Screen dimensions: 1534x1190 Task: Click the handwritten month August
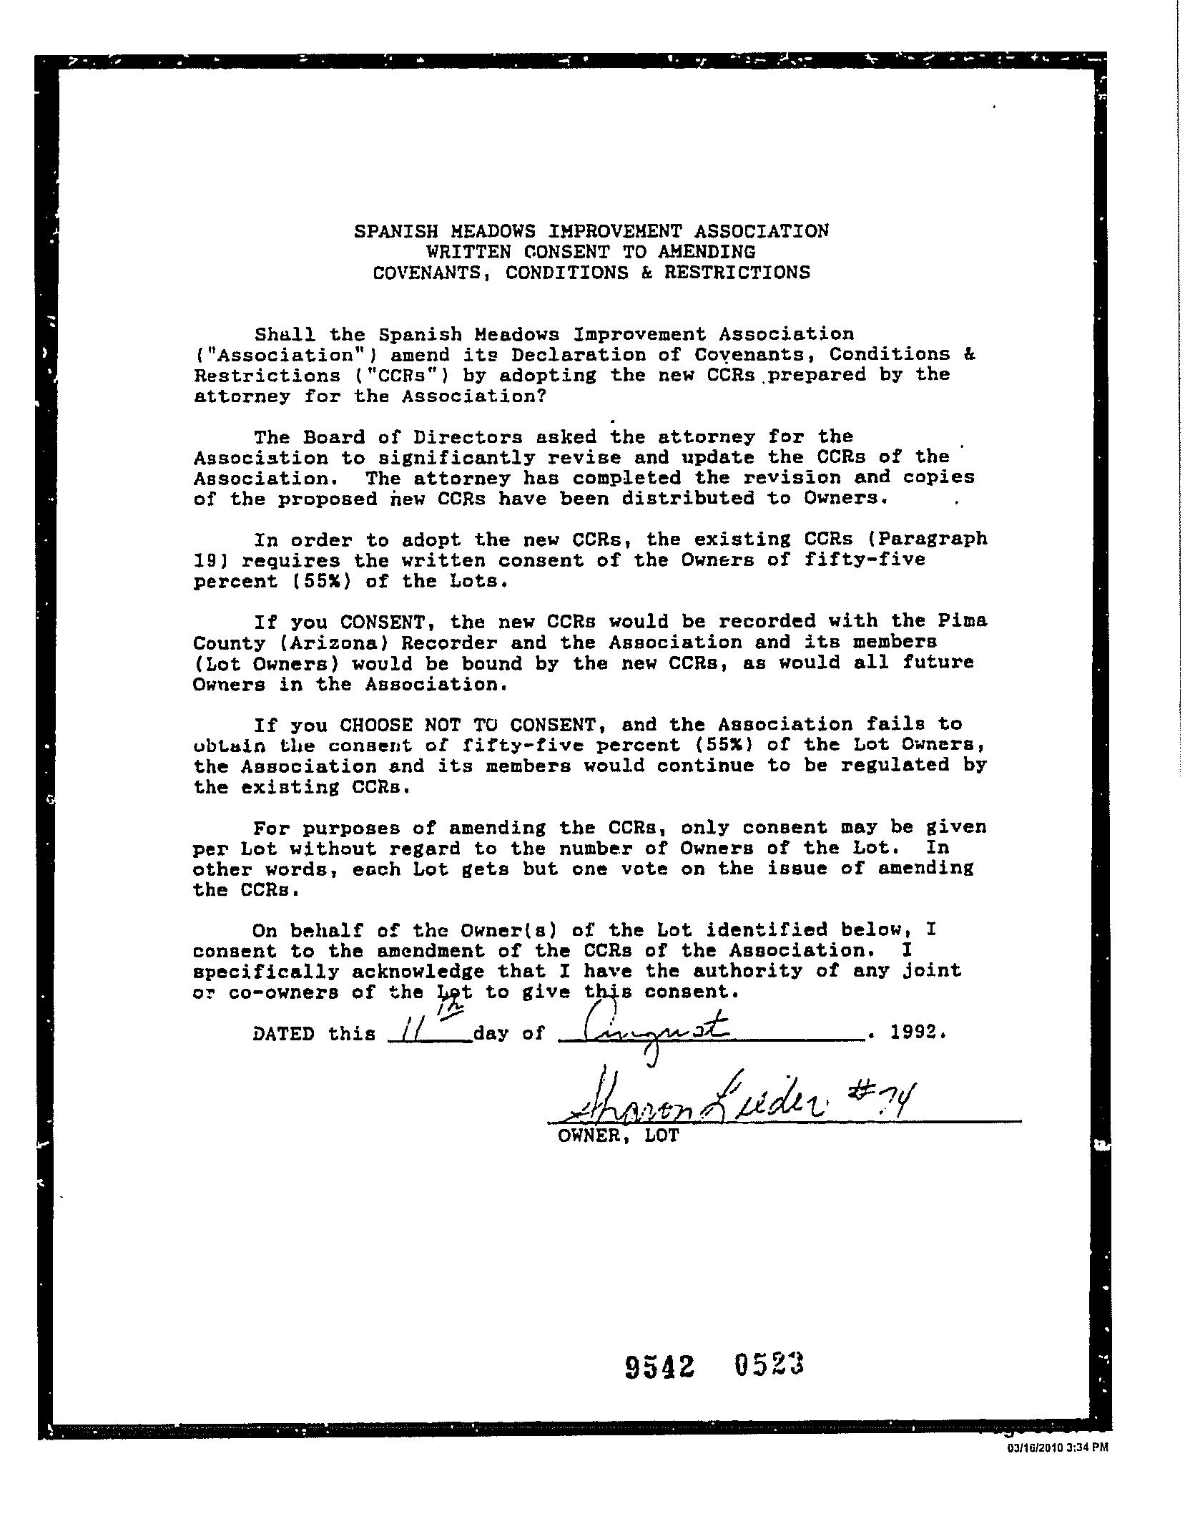click(x=655, y=1032)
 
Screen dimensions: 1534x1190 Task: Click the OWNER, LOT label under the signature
click(x=618, y=1135)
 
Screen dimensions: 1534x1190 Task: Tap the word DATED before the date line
click(x=283, y=1034)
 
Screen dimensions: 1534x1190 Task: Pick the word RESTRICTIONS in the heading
click(x=737, y=273)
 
